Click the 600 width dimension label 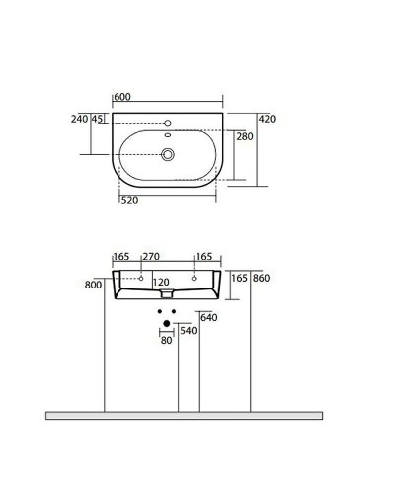pos(122,96)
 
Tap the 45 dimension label pos(98,119)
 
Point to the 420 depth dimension pos(267,119)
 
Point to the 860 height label pos(262,279)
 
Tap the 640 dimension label pos(208,317)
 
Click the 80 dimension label pos(166,341)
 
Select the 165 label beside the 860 pos(239,279)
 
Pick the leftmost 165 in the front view pos(121,257)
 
